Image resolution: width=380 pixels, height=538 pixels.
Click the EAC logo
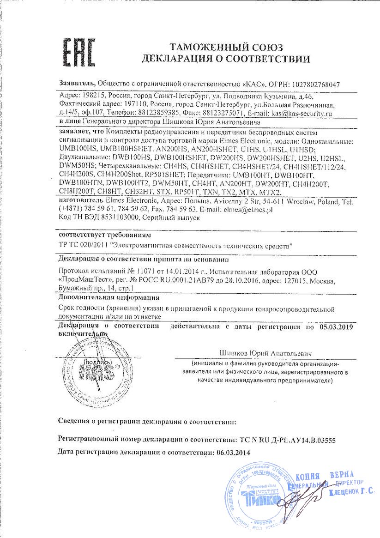tap(78, 52)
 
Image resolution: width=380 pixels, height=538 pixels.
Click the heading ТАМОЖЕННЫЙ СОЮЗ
tap(226, 48)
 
